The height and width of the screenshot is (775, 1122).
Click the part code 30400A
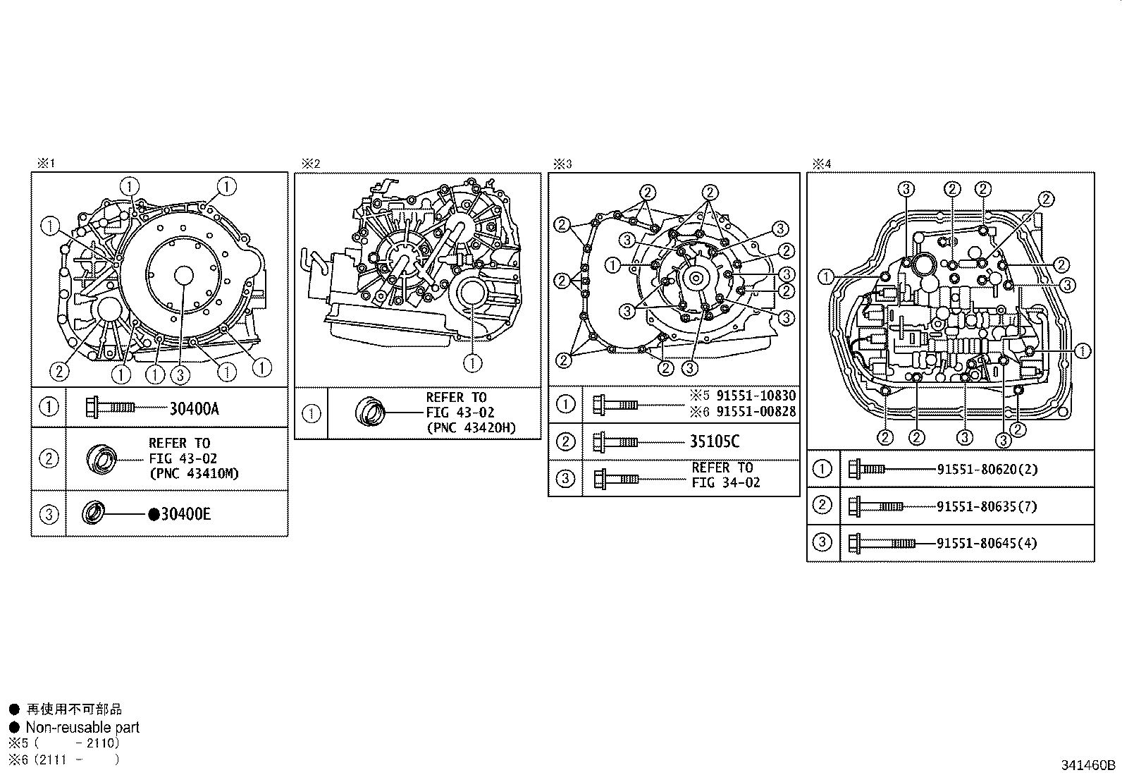tap(195, 408)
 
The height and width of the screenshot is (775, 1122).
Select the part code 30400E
tap(185, 514)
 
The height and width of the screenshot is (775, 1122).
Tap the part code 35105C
tap(714, 441)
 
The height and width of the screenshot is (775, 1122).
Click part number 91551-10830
tap(756, 396)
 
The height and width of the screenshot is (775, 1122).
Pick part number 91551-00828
tap(756, 412)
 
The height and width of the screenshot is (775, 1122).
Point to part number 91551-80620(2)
tap(987, 470)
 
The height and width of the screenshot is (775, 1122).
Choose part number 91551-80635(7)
tap(987, 506)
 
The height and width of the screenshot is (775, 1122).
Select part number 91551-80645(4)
tap(987, 543)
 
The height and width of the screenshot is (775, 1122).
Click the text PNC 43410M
tap(195, 474)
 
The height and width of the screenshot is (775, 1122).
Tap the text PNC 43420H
tap(471, 428)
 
